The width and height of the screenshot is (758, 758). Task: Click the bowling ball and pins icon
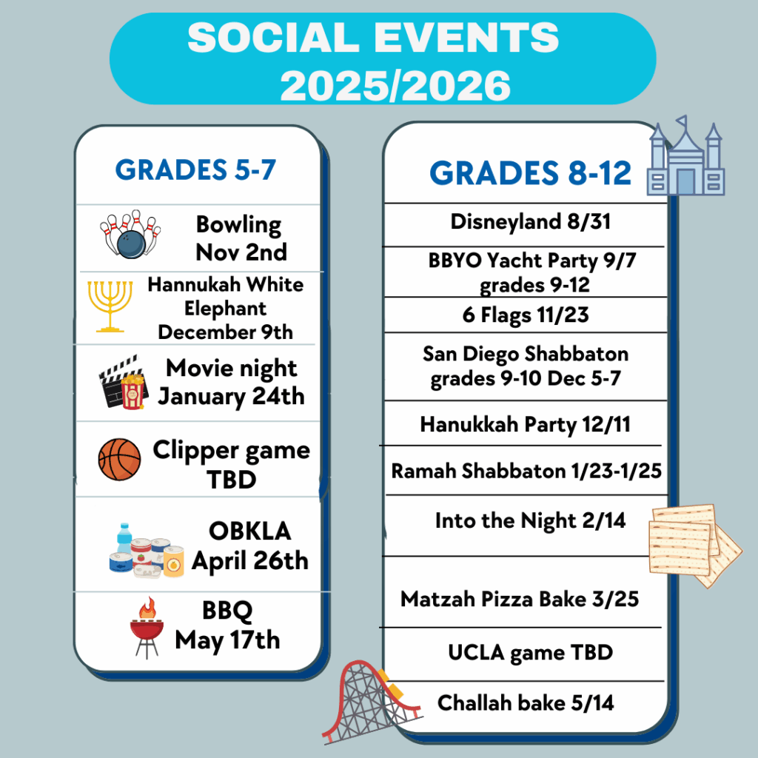[130, 234]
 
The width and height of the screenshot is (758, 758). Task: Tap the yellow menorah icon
[110, 306]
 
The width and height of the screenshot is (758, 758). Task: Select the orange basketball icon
[119, 459]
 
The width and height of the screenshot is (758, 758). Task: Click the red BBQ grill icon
[147, 628]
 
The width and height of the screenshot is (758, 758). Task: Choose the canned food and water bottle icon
[147, 551]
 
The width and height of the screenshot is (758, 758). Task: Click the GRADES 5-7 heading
[195, 170]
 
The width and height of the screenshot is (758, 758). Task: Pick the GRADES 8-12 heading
[530, 173]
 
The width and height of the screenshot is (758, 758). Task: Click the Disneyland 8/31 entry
[530, 222]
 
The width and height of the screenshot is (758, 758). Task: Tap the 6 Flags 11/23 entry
[526, 315]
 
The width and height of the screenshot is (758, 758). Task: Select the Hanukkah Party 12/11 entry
[526, 424]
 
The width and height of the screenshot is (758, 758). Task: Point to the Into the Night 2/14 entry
[530, 521]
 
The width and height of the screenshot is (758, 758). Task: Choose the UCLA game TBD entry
[530, 653]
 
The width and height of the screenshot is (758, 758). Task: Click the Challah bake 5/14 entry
[526, 703]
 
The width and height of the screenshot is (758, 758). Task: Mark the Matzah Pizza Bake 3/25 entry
[520, 600]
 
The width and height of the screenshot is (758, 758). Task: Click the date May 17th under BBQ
[227, 641]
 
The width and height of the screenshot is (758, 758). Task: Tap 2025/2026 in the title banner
[395, 86]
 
